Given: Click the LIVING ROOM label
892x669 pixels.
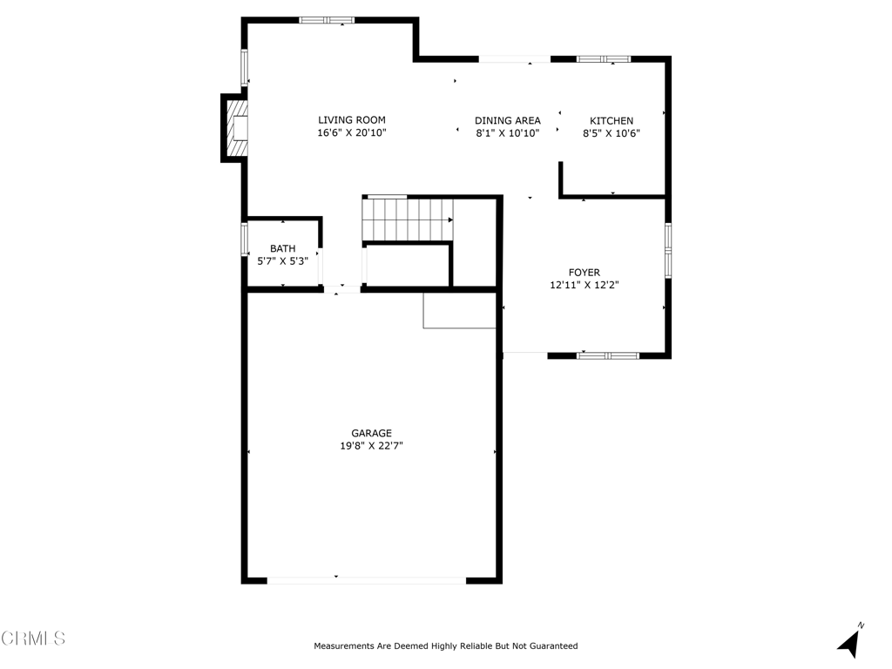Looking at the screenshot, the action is (x=352, y=120).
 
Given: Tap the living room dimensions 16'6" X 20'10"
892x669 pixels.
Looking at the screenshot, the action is (x=352, y=132).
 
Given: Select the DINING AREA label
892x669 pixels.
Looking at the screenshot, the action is (x=508, y=120).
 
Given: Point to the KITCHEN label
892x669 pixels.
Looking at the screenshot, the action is (x=612, y=120).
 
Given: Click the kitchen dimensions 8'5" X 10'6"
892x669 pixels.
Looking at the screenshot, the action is (x=612, y=133).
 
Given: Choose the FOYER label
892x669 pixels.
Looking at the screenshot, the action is (x=585, y=273).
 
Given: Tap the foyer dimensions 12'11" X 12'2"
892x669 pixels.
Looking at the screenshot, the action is (x=585, y=285).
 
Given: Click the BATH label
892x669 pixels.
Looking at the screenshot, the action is (x=283, y=248).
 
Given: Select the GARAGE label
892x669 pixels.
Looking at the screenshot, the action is (x=371, y=434).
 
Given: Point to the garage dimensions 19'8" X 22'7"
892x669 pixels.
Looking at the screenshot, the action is (x=371, y=446).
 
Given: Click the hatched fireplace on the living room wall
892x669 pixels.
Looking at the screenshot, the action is (x=237, y=128).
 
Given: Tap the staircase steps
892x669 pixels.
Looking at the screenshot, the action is (x=408, y=219).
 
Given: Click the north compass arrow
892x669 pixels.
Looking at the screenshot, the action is (x=850, y=641).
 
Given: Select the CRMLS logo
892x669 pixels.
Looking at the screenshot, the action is (x=33, y=638).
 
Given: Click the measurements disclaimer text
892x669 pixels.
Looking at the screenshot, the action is (x=446, y=646).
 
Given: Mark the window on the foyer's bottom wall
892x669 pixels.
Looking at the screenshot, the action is (x=607, y=355).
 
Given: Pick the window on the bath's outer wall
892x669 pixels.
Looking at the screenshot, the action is (x=245, y=239).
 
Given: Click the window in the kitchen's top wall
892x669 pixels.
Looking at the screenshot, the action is (x=604, y=58).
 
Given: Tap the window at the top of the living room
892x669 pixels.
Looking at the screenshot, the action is (x=327, y=21).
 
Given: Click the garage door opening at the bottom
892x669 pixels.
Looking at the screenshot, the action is (x=367, y=580).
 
